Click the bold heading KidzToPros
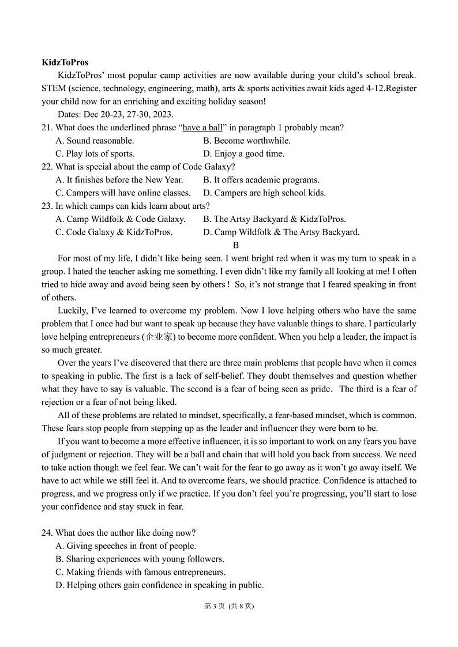coord(65,62)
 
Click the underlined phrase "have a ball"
coord(202,127)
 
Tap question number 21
coord(47,127)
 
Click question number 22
coord(47,167)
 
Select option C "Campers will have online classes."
coord(123,193)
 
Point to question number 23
coord(47,206)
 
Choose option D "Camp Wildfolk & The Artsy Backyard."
coord(281,232)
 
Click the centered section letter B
coord(236,245)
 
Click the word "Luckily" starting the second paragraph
coord(73,311)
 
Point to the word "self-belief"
coord(224,376)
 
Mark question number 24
coord(47,533)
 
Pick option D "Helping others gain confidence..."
coord(159,585)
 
